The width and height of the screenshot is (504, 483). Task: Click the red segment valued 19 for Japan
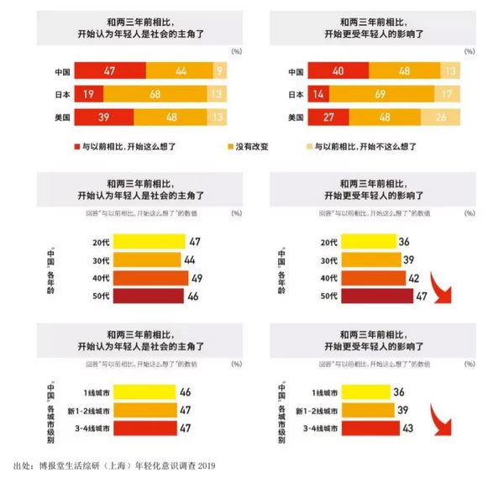click(87, 94)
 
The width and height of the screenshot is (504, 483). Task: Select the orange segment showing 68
click(155, 94)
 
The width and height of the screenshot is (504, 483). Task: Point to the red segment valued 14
click(318, 95)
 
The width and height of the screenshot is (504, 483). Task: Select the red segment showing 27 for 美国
click(330, 118)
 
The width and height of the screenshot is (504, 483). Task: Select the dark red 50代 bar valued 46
click(147, 297)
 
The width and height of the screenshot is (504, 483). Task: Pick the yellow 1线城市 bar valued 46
click(143, 391)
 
